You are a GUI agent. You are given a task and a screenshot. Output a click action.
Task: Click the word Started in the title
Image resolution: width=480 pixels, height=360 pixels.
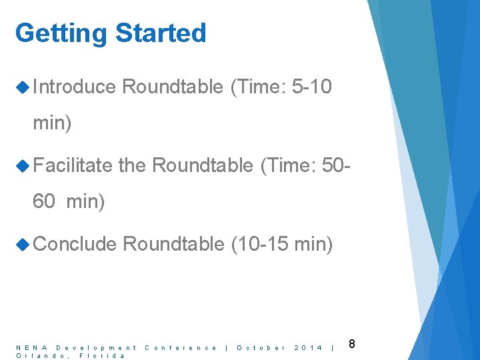pos(161,33)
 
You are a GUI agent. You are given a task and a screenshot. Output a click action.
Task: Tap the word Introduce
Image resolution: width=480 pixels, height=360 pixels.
pos(74,87)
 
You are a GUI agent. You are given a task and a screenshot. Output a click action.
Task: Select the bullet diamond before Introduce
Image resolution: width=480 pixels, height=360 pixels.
pos(23,87)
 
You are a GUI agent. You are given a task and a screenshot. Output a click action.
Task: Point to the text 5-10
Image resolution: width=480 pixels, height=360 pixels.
pos(312,87)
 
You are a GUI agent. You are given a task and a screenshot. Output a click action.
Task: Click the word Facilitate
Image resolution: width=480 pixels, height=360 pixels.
pos(73,165)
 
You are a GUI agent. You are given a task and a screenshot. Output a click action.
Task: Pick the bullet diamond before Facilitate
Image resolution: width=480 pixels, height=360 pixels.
pos(23,165)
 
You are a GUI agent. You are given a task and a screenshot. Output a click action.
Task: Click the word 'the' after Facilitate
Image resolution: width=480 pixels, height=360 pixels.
pos(132,165)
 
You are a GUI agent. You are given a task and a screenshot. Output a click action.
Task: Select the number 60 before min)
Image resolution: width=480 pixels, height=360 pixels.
pos(44,201)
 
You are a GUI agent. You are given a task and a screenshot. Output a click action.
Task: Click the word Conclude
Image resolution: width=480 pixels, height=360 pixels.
pos(75,244)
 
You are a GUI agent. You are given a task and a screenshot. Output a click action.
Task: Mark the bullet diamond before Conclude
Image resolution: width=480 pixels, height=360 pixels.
pos(23,244)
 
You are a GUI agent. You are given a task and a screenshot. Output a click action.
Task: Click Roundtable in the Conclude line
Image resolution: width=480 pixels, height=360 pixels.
pos(173,244)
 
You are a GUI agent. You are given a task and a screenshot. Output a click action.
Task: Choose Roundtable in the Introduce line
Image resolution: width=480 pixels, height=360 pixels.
pos(173,87)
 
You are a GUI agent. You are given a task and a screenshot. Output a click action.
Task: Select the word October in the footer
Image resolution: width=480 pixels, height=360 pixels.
pos(261,347)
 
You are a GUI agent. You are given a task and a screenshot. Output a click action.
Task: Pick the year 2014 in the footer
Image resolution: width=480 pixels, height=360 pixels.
pos(308,347)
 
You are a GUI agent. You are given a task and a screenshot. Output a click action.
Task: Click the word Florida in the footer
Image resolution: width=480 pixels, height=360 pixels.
pos(102,355)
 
